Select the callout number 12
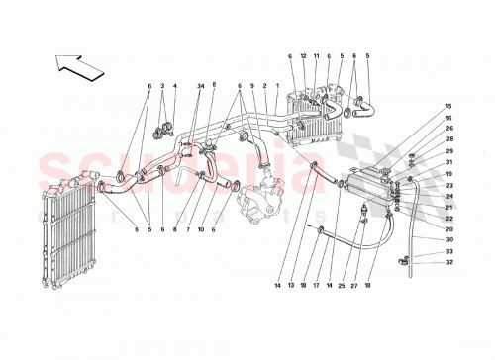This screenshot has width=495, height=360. [x=303, y=56]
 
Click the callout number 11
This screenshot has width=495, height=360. [x=317, y=56]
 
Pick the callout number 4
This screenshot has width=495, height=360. [x=174, y=86]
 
